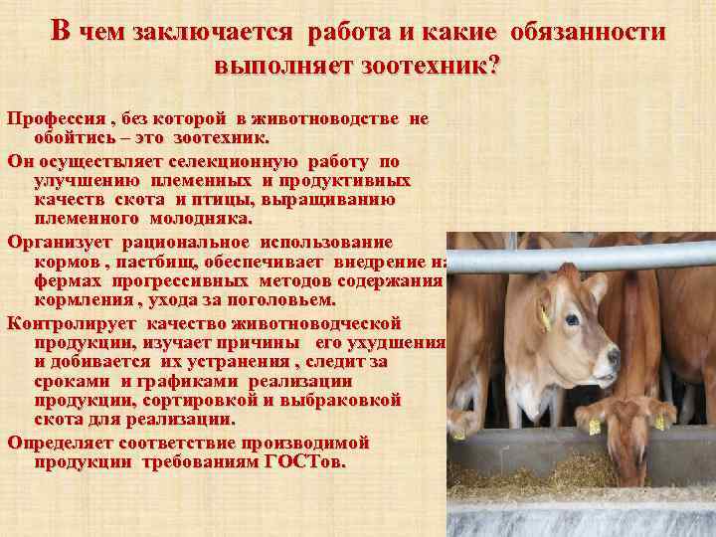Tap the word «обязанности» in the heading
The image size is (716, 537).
click(x=588, y=32)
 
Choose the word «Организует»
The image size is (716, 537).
click(x=61, y=242)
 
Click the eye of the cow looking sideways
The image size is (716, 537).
click(x=572, y=320)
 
